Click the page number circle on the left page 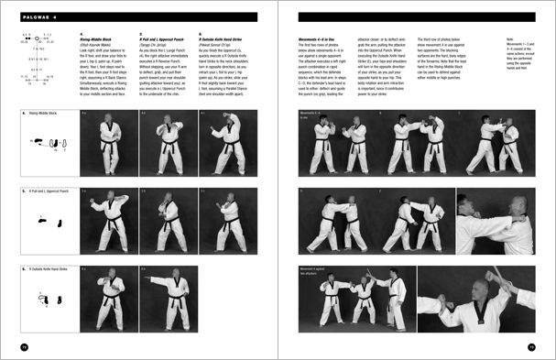click(26, 344)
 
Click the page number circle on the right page click(530, 344)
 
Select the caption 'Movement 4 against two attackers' click(315, 272)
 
